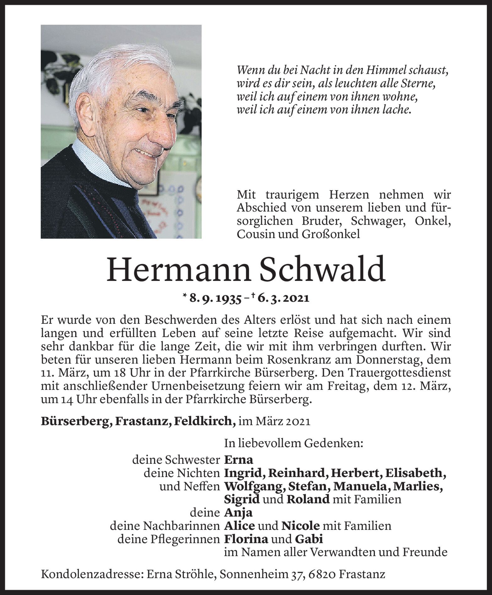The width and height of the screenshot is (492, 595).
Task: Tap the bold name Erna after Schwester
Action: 238,460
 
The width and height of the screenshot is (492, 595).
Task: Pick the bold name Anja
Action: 238,512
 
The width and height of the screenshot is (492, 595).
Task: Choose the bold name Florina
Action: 246,539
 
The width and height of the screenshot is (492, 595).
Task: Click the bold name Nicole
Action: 300,526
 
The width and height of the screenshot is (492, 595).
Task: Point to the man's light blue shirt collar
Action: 94,160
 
